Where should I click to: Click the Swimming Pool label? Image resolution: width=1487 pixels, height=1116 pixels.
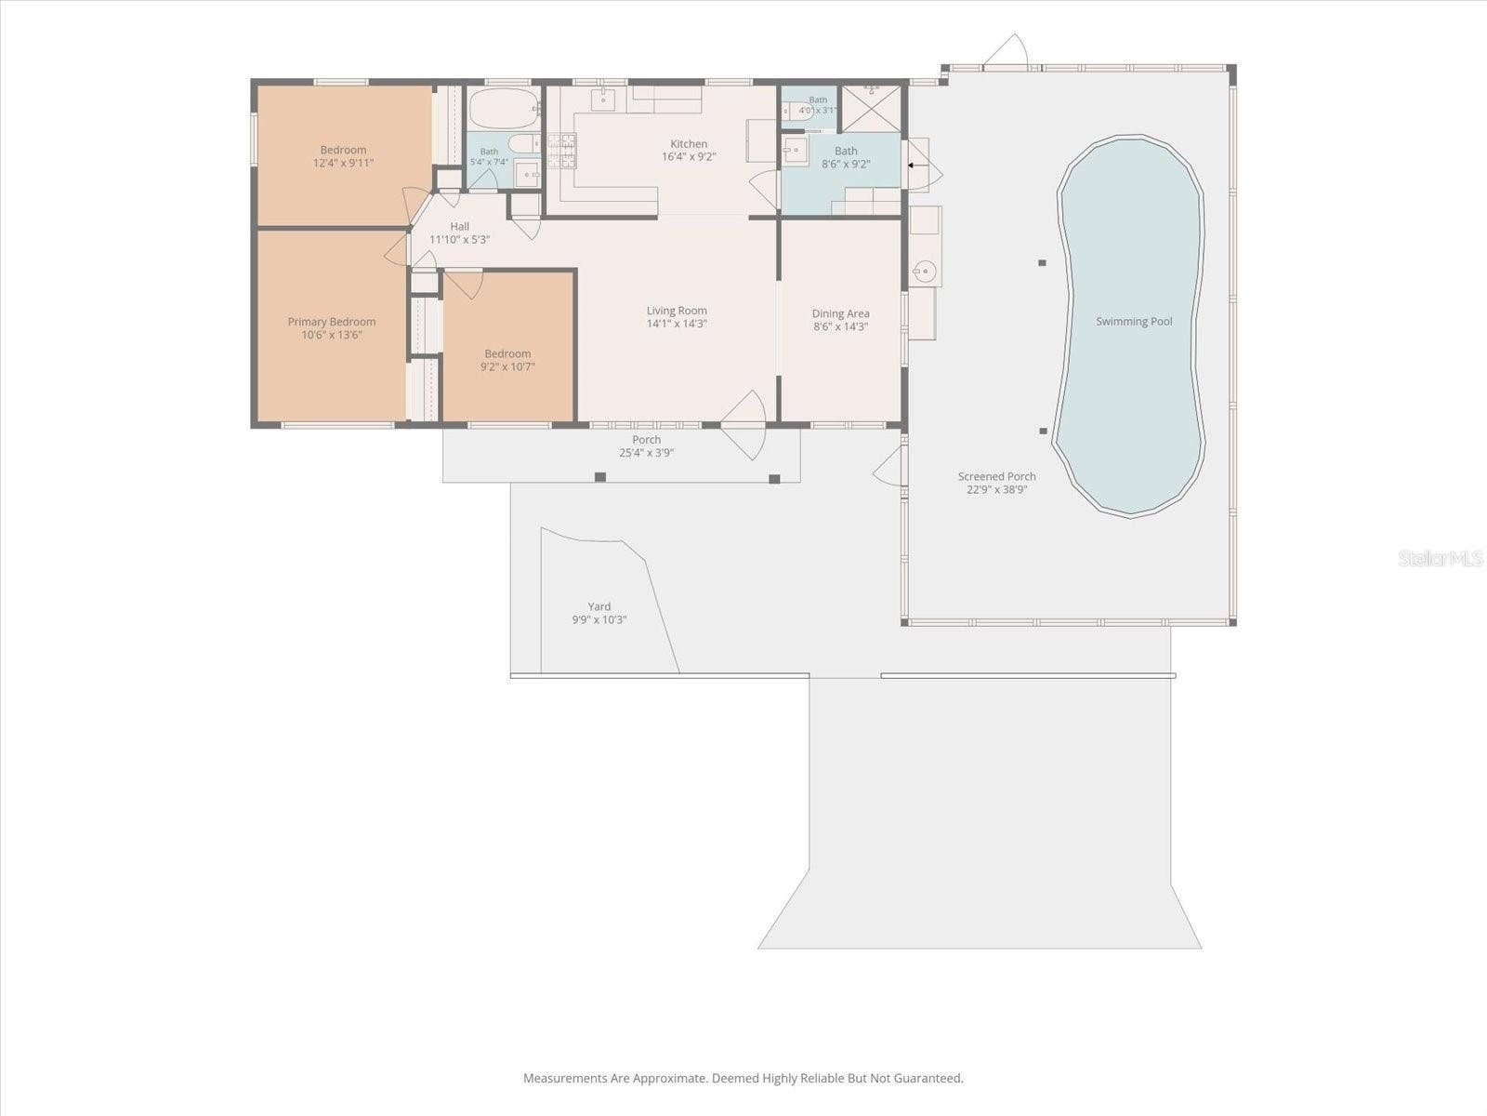[x=1134, y=321]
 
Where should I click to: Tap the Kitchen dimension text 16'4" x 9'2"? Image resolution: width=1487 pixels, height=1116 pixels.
[x=689, y=156]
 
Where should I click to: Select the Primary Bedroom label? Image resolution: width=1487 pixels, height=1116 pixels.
[x=331, y=322]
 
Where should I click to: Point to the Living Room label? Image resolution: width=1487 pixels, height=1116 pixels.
[x=677, y=311]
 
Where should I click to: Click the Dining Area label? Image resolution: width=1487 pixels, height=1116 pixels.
[x=841, y=313]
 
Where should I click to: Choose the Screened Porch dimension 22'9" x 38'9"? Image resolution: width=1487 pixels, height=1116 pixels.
[x=996, y=489]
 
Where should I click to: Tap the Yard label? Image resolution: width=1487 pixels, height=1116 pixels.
[x=599, y=606]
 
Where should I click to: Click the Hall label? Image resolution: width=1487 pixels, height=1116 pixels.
[x=459, y=226]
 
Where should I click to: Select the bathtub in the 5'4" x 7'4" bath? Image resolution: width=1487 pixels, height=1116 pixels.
[x=504, y=109]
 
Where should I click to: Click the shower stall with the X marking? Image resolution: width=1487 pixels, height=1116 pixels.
[x=871, y=109]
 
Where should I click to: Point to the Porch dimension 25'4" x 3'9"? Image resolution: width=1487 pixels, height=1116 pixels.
[x=646, y=453]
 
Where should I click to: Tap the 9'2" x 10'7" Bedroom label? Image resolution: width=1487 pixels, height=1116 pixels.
[x=507, y=353]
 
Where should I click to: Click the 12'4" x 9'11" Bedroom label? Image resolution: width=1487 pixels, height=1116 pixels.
[x=344, y=150]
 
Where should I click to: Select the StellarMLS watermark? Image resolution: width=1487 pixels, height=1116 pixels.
[x=1441, y=558]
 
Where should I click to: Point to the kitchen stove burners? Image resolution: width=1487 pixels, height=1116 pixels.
[x=561, y=151]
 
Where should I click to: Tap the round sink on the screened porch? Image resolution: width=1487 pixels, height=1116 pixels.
[x=924, y=272]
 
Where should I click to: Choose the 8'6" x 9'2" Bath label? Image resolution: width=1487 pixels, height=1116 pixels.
[x=846, y=151]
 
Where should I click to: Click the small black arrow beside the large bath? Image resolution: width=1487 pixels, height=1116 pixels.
[x=911, y=165]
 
